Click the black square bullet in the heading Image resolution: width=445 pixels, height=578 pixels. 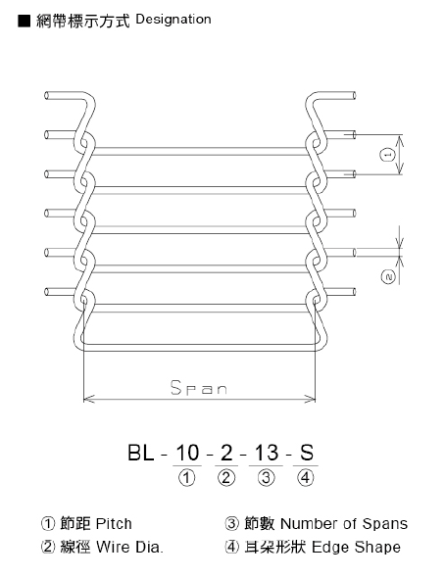coord(24,20)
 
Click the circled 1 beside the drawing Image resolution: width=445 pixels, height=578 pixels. coord(388,155)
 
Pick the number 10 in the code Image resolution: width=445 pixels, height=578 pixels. coord(186,455)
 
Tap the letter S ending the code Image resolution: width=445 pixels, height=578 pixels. coord(307,455)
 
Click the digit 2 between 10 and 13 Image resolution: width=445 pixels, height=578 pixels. coord(226,455)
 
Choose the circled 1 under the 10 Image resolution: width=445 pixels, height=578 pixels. coord(186,479)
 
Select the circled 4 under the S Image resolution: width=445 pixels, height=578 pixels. coord(307,479)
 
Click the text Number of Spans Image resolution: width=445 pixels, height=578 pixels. coord(343,524)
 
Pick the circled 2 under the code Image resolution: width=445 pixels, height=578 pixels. coord(226,479)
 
